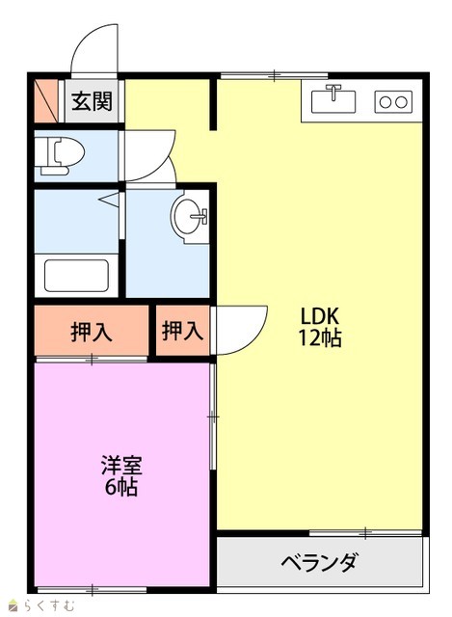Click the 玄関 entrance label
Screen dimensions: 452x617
pyautogui.click(x=92, y=101)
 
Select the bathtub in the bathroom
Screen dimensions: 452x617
pyautogui.click(x=76, y=276)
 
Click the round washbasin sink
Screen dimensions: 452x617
pyautogui.click(x=189, y=216)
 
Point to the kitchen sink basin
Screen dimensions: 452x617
pyautogui.click(x=333, y=101)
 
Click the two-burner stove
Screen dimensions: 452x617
pyautogui.click(x=393, y=102)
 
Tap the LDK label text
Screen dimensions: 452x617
pyautogui.click(x=319, y=315)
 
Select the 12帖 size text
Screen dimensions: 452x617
pyautogui.click(x=319, y=337)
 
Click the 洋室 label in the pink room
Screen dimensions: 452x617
pyautogui.click(x=121, y=466)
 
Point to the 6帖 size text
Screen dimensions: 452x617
pyautogui.click(x=121, y=487)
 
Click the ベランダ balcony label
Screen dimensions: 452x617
pyautogui.click(x=319, y=561)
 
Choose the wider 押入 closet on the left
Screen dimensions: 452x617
pyautogui.click(x=92, y=331)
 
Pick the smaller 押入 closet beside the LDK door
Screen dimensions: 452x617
pyautogui.click(x=182, y=330)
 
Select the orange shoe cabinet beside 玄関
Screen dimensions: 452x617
pyautogui.click(x=46, y=101)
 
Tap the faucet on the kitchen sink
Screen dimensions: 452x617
pyautogui.click(x=333, y=92)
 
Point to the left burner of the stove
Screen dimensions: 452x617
pyautogui.click(x=386, y=102)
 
